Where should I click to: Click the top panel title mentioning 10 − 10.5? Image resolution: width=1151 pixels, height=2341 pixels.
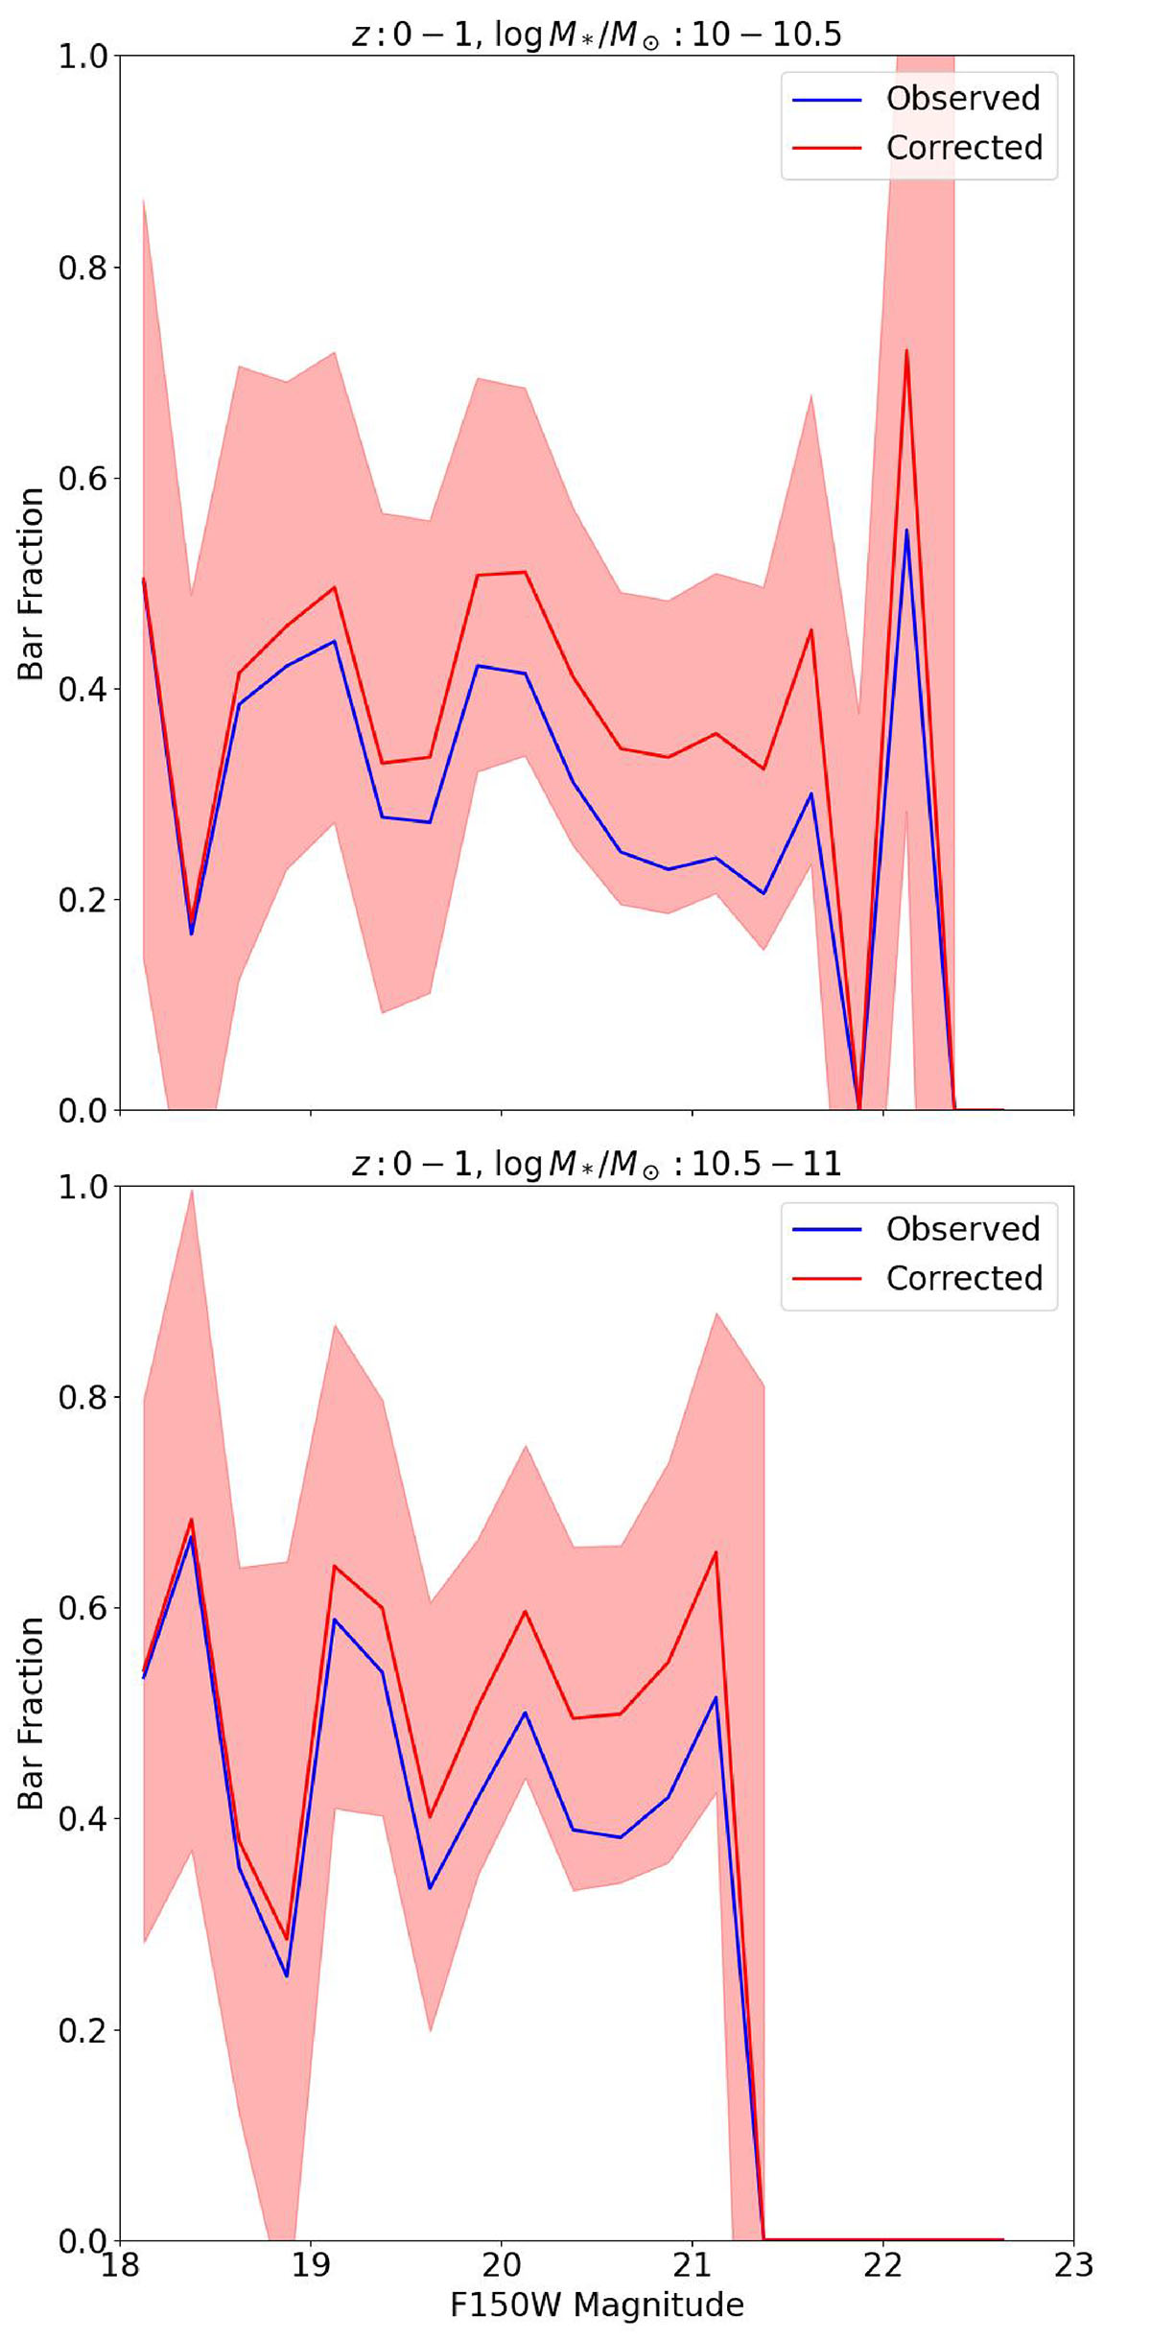pos(596,35)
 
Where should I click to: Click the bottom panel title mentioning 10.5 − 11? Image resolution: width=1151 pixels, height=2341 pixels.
pos(596,1164)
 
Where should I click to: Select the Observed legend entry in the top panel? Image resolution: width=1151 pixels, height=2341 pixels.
pos(962,98)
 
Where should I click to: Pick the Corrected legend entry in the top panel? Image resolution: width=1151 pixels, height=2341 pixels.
pos(963,148)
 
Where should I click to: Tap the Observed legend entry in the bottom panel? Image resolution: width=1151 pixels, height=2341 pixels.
pos(962,1229)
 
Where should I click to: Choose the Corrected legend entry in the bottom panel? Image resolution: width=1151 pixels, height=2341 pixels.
pos(963,1279)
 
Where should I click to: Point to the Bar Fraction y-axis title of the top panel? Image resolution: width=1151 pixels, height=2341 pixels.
pos(31,583)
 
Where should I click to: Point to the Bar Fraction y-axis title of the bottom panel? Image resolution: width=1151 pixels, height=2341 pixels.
pos(31,1714)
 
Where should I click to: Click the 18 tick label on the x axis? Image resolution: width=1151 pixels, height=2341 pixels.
pos(120,2266)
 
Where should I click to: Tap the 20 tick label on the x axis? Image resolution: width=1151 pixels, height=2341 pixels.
pos(501,2266)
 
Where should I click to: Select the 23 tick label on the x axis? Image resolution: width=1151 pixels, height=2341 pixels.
pos(1073,2266)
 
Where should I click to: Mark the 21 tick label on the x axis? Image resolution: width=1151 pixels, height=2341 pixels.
pos(692,2266)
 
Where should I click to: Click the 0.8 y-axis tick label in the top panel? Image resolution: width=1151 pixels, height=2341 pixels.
pos(82,268)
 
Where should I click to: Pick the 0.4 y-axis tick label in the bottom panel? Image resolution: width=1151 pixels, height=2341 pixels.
pos(82,1819)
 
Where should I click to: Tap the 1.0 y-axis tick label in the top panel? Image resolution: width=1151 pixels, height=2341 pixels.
pos(82,57)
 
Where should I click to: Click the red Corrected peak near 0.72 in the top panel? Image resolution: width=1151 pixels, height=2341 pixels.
pos(906,351)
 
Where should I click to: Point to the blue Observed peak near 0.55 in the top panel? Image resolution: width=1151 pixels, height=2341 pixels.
pos(906,531)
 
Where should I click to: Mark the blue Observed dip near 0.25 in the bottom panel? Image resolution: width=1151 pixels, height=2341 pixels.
pos(286,1975)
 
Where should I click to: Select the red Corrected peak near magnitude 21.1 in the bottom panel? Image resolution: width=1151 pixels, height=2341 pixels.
pos(716,1552)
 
